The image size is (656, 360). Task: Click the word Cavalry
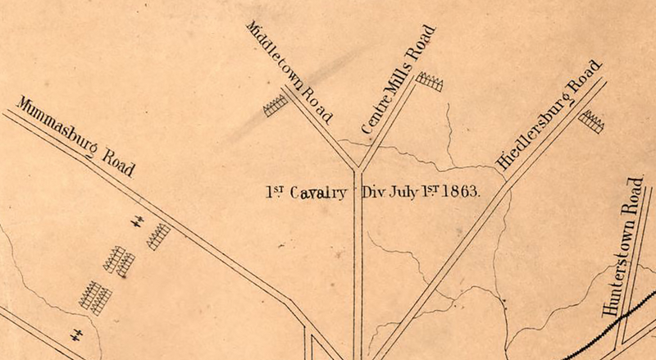[316, 194]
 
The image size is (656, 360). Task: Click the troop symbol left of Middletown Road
[276, 105]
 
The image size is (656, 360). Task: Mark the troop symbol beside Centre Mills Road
[429, 81]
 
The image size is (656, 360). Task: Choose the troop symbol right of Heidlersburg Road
[591, 121]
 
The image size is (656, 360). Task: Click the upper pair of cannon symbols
[139, 220]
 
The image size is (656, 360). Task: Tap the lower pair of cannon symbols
[76, 334]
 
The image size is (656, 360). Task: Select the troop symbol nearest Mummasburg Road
[157, 236]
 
